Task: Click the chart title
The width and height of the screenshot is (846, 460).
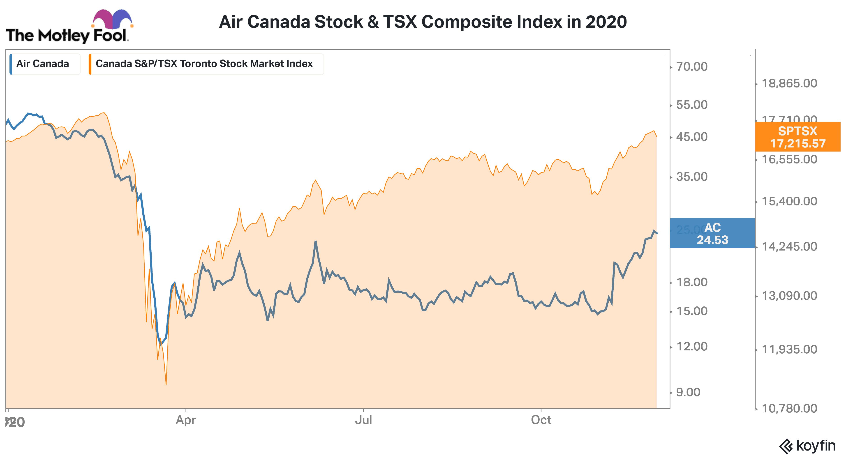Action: pos(423,22)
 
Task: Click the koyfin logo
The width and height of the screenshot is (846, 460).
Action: pos(807,446)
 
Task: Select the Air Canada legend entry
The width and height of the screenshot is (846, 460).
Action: pos(43,64)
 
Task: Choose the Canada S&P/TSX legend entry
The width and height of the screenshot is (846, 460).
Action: pos(204,64)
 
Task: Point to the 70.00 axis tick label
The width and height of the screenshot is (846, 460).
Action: pos(692,67)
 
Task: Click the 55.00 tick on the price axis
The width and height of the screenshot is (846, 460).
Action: pos(692,105)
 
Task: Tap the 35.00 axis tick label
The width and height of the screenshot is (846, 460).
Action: pos(692,177)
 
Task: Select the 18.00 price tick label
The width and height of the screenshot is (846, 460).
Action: pos(692,282)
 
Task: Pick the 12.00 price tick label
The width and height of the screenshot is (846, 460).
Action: pos(692,346)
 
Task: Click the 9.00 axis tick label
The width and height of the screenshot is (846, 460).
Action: pos(688,392)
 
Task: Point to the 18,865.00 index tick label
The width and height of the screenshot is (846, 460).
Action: pos(789,83)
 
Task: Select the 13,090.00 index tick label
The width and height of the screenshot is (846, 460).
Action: pos(789,295)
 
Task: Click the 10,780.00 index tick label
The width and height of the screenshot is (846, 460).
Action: pos(789,408)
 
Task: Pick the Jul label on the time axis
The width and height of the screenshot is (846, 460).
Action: pos(363,420)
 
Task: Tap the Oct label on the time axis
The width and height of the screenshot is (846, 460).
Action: pos(541,420)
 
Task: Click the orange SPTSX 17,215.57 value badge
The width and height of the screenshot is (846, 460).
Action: pos(797,137)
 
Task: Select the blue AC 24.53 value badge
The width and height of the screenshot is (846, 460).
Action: pos(712,233)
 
